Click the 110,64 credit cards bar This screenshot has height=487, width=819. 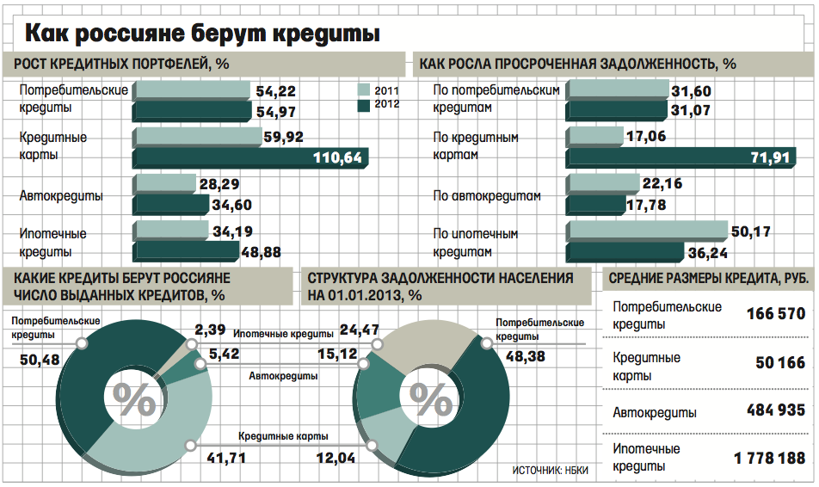[x=249, y=157]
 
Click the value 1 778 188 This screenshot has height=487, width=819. [x=769, y=459]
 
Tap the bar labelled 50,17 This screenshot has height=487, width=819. [x=646, y=231]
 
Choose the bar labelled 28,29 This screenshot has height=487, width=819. [x=165, y=183]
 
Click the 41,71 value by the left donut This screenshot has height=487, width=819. [x=227, y=459]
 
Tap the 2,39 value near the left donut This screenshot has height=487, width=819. [x=210, y=330]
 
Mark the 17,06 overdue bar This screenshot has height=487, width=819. [x=594, y=136]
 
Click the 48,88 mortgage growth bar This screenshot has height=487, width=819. [x=185, y=250]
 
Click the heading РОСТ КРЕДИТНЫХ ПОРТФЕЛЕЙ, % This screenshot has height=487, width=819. [x=120, y=64]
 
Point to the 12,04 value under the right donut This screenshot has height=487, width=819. [x=336, y=459]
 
